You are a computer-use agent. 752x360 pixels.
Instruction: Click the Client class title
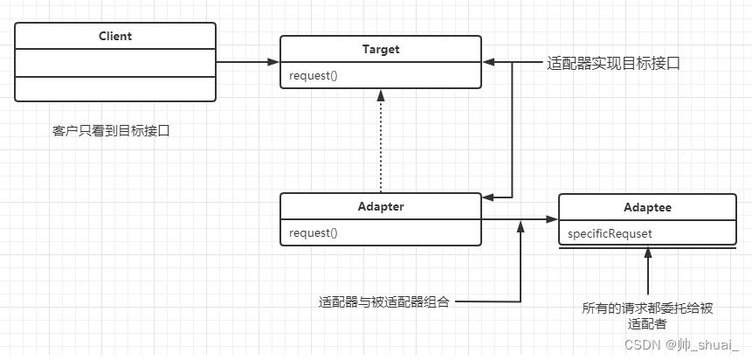(115, 37)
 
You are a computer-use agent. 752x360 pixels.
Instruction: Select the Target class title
(380, 50)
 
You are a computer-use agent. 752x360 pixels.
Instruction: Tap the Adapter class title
(380, 207)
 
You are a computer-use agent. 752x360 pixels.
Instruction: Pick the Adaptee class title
(647, 207)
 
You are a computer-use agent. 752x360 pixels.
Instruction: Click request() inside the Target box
(312, 75)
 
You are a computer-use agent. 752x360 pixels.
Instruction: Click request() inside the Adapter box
(312, 232)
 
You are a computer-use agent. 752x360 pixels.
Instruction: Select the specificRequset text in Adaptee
(610, 233)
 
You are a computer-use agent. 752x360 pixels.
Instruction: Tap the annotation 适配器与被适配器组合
(384, 303)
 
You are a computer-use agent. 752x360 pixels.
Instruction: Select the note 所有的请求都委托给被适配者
(647, 315)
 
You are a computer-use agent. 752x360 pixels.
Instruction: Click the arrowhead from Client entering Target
(273, 63)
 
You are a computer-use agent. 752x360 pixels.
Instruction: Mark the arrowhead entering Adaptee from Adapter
(552, 220)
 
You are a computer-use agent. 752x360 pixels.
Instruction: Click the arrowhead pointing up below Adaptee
(647, 253)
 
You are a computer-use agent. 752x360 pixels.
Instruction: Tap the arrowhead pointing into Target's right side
(487, 63)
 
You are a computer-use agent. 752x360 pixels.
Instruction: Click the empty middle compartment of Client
(115, 63)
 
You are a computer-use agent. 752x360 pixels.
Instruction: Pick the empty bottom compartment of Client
(115, 88)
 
